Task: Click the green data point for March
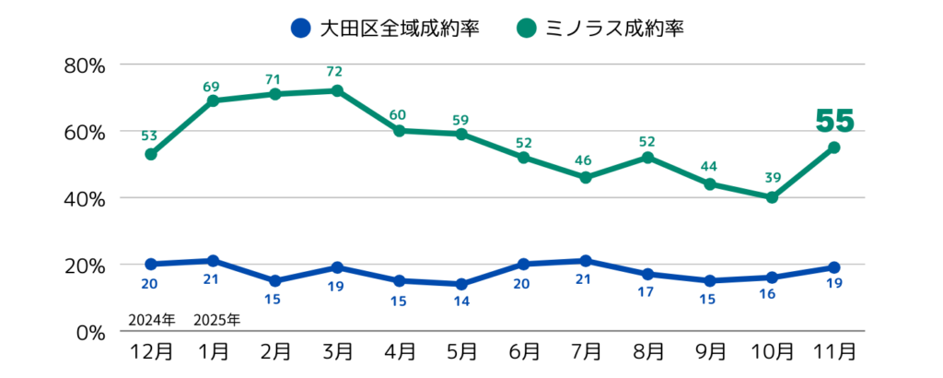pos(337,90)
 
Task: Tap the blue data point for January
pos(213,261)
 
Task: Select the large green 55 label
pos(834,121)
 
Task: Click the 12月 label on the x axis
pos(150,353)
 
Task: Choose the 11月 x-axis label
pos(834,353)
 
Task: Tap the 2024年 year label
pos(150,321)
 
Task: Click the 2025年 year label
pos(216,321)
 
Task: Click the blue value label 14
pos(460,301)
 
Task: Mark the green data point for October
pos(772,197)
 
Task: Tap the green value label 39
pos(772,177)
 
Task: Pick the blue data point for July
pos(586,261)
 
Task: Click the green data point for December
pos(150,154)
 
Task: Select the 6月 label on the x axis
pos(523,353)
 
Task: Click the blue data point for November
pos(834,267)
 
